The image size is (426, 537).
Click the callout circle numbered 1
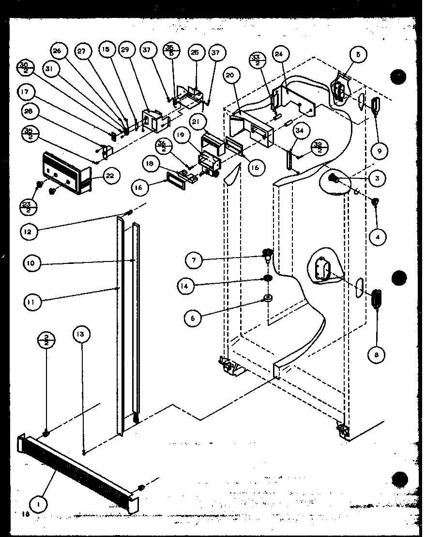pos(39,504)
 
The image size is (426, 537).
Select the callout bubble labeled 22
pos(110,176)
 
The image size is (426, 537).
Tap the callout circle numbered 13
pos(82,335)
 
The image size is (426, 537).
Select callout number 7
pos(195,261)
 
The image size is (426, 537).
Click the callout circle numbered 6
pos(193,318)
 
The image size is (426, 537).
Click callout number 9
pos(379,151)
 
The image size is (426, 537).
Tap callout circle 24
pos(279,53)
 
